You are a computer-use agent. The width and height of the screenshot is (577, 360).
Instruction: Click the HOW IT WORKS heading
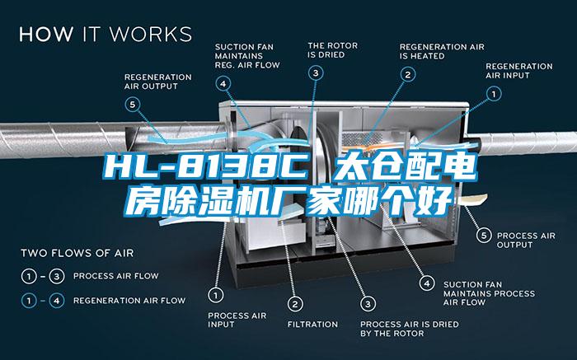[105, 35]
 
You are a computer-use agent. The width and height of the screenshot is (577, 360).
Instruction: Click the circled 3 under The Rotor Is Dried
[317, 73]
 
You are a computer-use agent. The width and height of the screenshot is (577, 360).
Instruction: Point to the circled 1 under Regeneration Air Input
[494, 95]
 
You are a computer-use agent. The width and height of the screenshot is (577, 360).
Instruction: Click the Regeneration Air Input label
[518, 70]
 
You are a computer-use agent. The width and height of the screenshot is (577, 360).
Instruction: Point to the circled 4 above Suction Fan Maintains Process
[426, 283]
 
